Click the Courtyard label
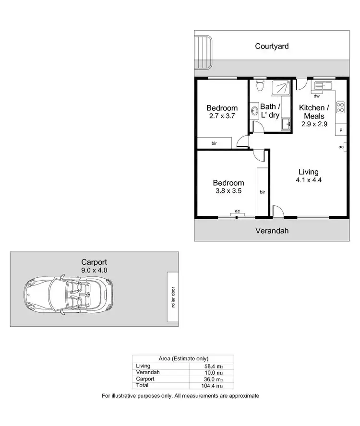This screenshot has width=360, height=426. point(272,47)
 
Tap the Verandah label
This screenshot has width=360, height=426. point(272,230)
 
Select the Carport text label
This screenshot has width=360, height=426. point(94,262)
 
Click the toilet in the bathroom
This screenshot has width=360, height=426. point(260,86)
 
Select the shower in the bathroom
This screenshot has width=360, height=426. point(281,88)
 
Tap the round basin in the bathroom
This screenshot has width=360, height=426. point(254,112)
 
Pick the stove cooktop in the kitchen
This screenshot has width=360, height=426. point(340,107)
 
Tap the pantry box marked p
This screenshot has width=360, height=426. point(341,130)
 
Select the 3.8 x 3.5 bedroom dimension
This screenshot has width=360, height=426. point(228,190)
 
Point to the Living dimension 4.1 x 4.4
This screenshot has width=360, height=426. point(309,180)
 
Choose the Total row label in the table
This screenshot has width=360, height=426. point(143,385)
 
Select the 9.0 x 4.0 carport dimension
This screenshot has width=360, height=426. point(94,270)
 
